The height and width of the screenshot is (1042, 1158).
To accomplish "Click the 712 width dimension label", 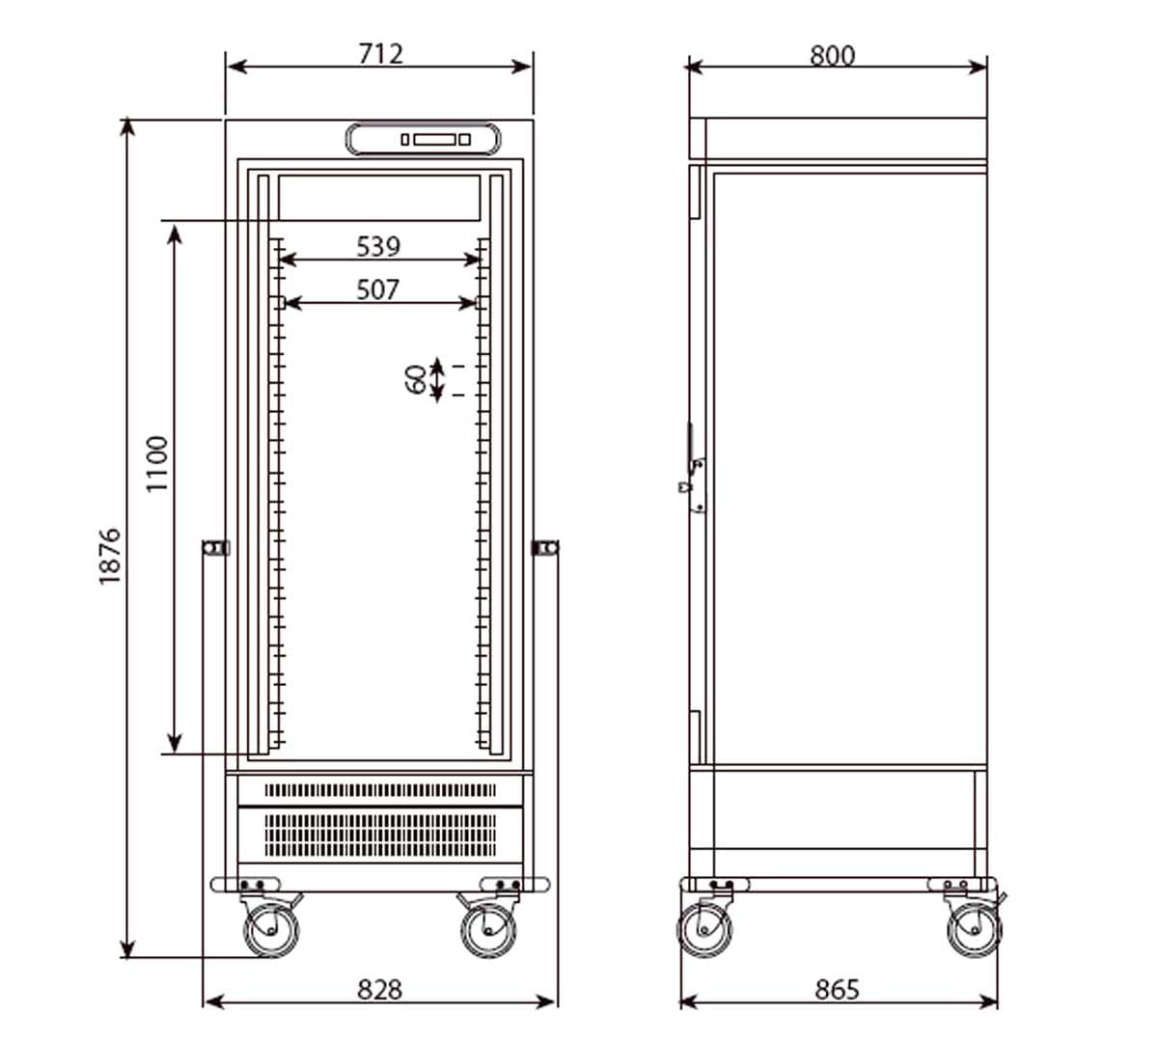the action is point(380,54).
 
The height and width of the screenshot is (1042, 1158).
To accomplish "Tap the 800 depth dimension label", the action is point(832,56).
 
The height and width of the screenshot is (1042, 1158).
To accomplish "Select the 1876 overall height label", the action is point(110,556).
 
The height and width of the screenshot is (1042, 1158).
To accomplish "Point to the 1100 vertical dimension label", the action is point(157,463).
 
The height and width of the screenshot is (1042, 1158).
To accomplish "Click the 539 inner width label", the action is point(378,246).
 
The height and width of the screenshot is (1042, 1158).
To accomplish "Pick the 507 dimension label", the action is point(377,289).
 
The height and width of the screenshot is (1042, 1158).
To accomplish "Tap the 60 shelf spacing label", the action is point(416,380).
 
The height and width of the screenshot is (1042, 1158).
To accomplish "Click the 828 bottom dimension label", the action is point(379,990).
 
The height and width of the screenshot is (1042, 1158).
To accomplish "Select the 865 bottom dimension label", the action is point(837,990).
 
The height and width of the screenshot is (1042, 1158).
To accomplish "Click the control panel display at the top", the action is point(423,139).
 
